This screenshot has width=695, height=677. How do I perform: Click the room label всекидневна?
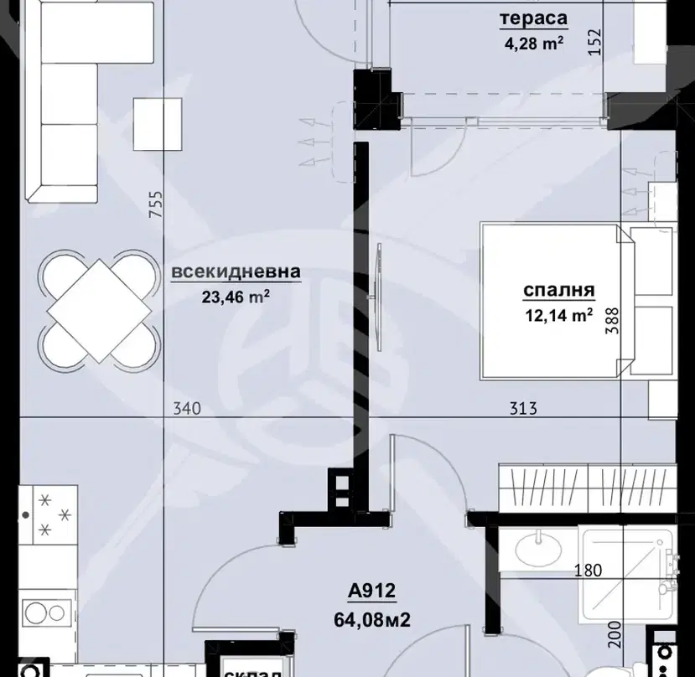236,271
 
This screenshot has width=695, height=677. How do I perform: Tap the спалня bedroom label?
558,290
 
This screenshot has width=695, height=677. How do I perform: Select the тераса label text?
534,18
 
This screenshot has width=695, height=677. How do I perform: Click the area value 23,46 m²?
236,297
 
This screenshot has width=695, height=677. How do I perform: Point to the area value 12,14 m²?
559,315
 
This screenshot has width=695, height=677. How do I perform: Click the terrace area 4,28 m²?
534,44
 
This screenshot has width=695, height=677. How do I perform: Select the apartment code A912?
371,591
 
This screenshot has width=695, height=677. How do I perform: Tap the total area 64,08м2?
372,619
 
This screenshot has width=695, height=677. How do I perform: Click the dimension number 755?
156,204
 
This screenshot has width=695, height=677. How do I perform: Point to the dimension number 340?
187,408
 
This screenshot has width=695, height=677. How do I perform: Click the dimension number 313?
523,408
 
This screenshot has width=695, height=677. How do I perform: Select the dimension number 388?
612,321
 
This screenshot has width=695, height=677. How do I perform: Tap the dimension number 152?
595,42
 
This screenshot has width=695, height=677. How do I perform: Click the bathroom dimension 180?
589,571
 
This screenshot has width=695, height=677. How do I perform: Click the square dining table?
99,311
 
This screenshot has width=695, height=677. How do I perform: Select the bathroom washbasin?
538,549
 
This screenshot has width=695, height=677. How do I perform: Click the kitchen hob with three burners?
49,514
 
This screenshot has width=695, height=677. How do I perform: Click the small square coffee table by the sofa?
158,124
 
